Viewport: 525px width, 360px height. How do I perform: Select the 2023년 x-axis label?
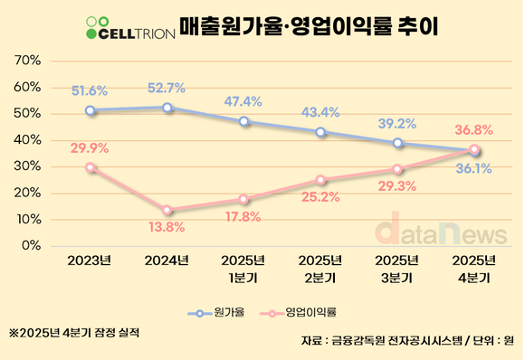click(89, 261)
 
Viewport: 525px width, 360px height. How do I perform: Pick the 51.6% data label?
click(90, 90)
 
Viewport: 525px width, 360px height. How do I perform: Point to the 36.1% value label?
click(474, 167)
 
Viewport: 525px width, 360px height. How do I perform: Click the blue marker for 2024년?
click(167, 108)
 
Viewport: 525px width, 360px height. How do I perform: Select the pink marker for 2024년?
click(167, 210)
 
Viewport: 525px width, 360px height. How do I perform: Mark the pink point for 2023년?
click(90, 167)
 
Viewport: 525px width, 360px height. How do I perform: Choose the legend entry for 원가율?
click(217, 313)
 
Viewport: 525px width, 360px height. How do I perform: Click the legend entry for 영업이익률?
click(298, 313)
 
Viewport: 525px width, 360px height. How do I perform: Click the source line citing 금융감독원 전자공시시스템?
click(407, 341)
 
